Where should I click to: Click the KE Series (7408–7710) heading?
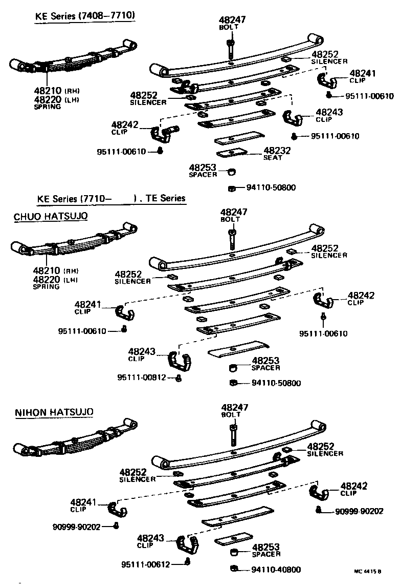pyautogui.click(x=85, y=16)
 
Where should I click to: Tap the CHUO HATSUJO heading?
pyautogui.click(x=51, y=216)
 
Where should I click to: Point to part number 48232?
pyautogui.click(x=277, y=151)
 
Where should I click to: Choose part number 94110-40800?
pyautogui.click(x=276, y=569)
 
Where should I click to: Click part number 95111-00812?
pyautogui.click(x=142, y=377)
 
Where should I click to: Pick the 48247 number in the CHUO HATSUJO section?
pyautogui.click(x=233, y=212)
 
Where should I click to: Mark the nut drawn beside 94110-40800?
pyautogui.click(x=234, y=569)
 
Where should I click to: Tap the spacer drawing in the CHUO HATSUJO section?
pyautogui.click(x=232, y=368)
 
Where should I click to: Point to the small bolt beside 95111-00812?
pyautogui.click(x=178, y=378)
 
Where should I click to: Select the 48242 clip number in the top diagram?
pyautogui.click(x=125, y=124)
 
